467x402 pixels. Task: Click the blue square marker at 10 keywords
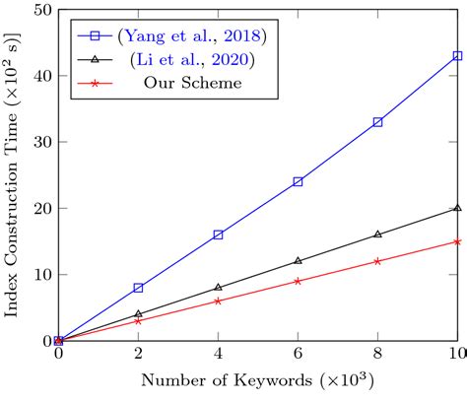[x=457, y=56]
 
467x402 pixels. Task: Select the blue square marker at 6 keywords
[x=298, y=181]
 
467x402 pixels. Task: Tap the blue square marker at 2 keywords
[x=138, y=288]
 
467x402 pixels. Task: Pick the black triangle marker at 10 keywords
[x=457, y=208]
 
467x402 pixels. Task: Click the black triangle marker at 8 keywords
[x=377, y=234]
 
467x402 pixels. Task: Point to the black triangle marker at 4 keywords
[x=218, y=287]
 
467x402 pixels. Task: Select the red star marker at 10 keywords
[x=457, y=241]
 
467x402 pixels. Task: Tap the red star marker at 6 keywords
[x=298, y=281]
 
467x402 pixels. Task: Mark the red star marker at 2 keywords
[x=138, y=320]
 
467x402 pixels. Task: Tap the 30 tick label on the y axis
[x=43, y=142]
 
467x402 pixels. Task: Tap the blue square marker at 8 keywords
[x=377, y=122]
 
